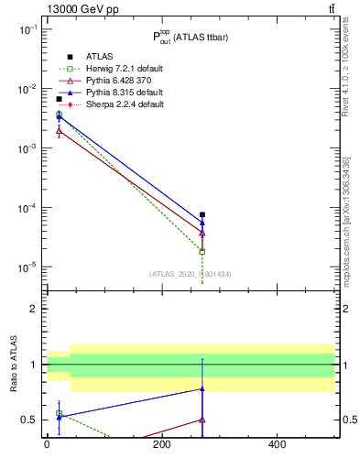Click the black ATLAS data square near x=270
[x=202, y=214]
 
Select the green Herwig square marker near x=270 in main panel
[x=202, y=251]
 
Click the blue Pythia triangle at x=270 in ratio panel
[x=202, y=389]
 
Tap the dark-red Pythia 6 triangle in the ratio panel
[x=202, y=420]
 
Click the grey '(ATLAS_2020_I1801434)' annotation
[x=191, y=274]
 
